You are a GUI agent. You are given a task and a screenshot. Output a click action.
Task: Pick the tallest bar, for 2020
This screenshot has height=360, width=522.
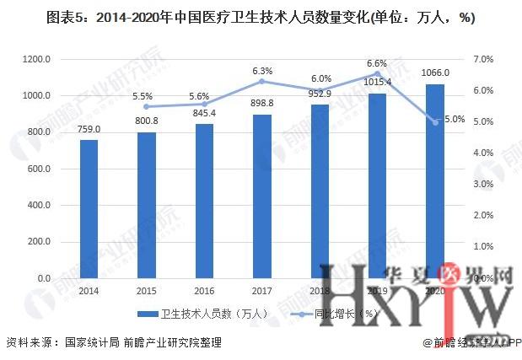(435, 180)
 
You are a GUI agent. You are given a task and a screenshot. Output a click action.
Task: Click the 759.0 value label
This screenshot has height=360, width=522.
(89, 129)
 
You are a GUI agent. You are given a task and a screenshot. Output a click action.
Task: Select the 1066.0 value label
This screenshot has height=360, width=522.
(435, 73)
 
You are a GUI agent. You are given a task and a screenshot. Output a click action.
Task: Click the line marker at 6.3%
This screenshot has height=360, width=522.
(262, 81)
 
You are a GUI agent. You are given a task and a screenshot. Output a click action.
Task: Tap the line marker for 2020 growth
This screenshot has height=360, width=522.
(435, 122)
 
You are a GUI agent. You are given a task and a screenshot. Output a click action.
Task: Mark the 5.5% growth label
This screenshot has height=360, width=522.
(147, 95)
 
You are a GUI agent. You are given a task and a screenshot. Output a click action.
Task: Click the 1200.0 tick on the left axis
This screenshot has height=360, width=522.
(38, 59)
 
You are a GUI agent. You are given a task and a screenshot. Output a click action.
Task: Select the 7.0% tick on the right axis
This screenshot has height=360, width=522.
(482, 59)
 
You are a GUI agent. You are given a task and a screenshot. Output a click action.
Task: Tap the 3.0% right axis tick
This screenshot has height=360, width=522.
(482, 185)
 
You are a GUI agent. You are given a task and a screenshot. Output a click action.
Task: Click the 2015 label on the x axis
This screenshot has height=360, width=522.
(147, 291)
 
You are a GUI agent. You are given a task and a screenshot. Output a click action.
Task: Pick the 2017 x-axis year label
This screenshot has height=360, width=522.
(262, 291)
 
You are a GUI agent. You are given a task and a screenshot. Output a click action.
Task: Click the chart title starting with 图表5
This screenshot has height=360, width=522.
(261, 18)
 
